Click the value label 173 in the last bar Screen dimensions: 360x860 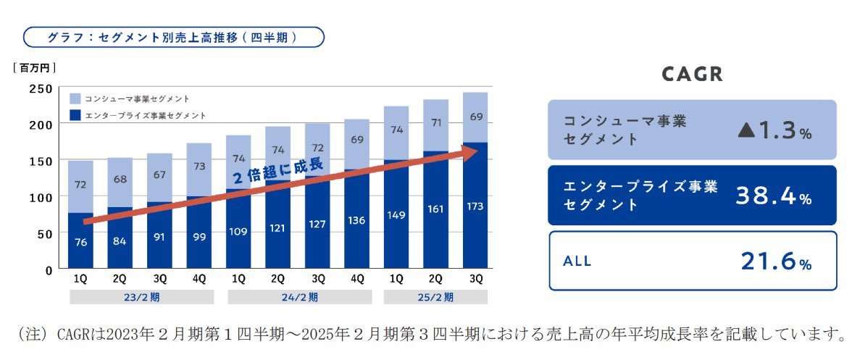475,206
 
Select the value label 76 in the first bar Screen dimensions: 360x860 81,243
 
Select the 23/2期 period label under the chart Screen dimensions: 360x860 141,297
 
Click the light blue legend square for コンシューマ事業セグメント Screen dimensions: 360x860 75,98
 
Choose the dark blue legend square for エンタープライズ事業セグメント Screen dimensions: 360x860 75,115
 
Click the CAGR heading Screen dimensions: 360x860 693,75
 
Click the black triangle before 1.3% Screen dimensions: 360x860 746,130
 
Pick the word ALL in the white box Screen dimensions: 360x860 577,261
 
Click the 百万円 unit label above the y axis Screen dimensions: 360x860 34,67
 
